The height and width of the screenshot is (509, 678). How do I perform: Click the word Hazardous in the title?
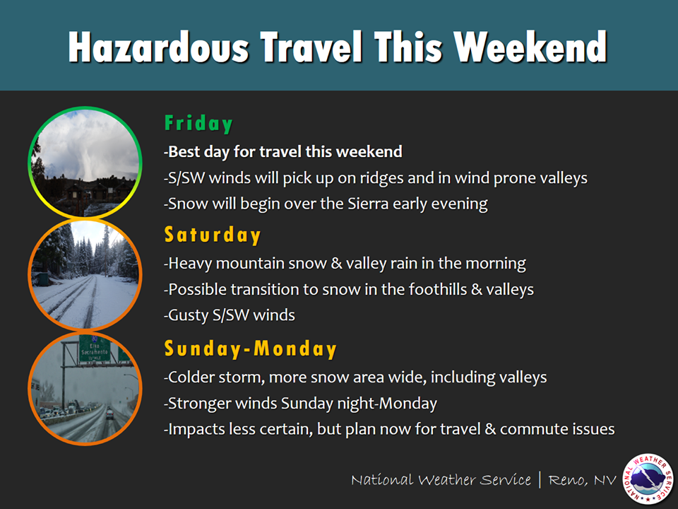159,47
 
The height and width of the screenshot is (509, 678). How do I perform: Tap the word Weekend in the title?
530,47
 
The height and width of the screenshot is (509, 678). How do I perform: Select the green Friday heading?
198,124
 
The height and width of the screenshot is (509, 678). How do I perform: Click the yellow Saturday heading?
213,235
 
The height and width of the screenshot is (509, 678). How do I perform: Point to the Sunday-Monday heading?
250,349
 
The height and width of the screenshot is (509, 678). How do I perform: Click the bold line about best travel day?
283,151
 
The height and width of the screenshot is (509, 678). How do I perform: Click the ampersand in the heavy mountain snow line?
336,263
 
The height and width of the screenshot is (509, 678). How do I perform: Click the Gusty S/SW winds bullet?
230,315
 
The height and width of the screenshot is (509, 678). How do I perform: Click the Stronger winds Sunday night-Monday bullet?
301,403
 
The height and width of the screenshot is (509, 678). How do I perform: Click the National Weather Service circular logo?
648,479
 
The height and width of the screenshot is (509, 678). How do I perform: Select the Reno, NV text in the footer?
582,480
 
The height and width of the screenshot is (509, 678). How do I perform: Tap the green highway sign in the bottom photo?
94,348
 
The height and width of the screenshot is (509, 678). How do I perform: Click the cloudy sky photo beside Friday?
85,163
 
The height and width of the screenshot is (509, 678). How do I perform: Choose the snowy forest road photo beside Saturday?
85,274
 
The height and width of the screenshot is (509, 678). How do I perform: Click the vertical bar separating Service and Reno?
540,479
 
